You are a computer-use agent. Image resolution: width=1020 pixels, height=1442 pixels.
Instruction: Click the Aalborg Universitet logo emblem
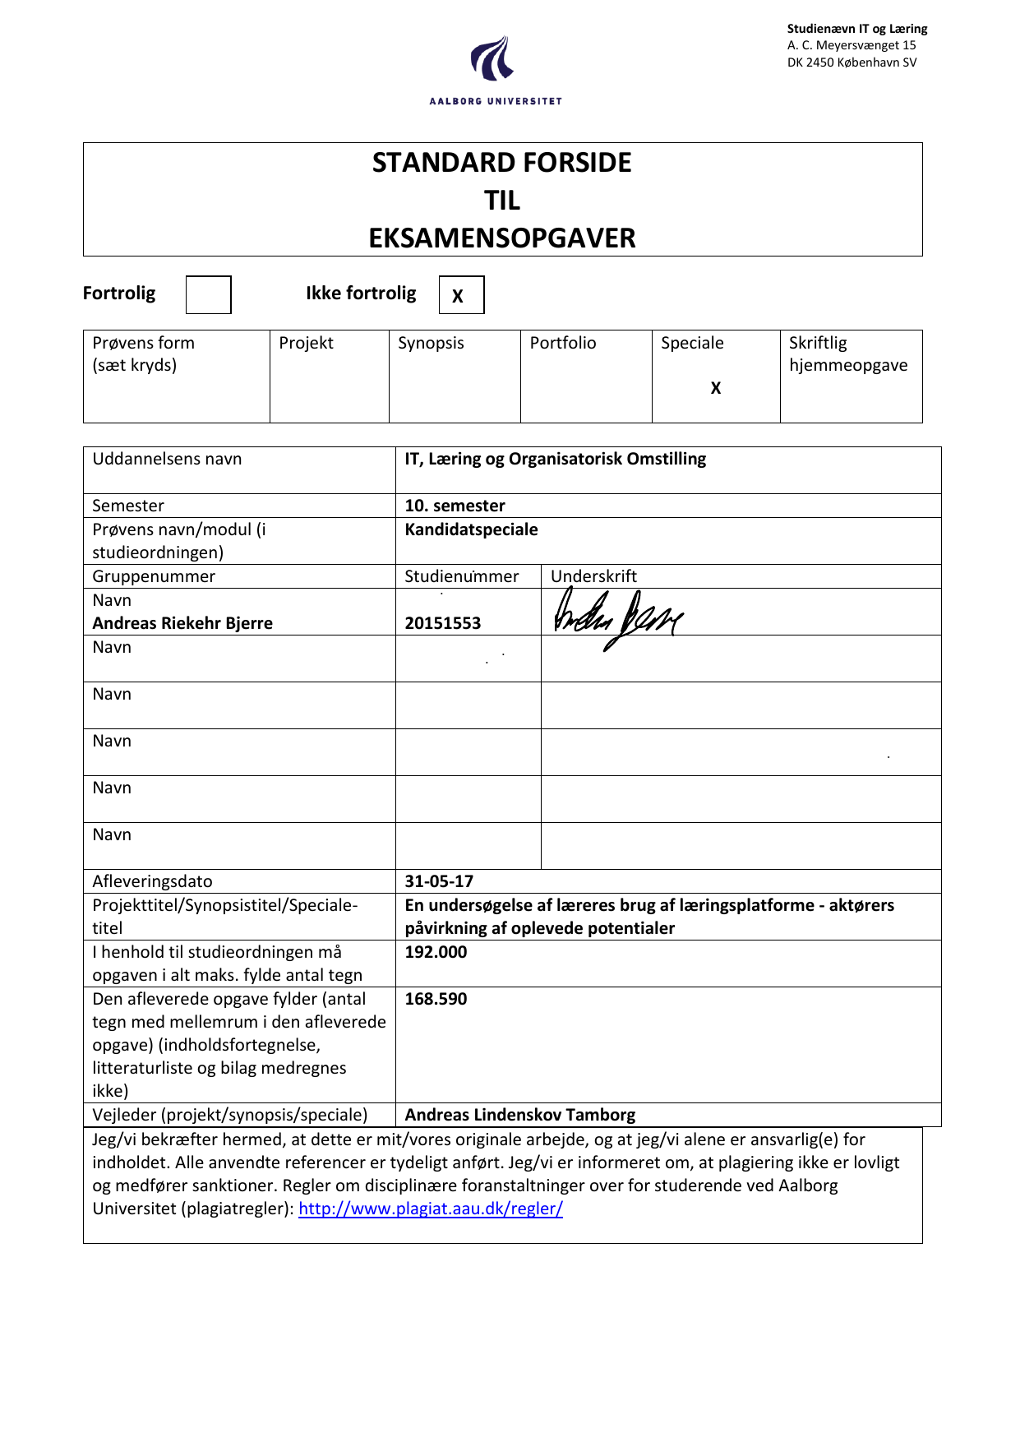click(x=493, y=59)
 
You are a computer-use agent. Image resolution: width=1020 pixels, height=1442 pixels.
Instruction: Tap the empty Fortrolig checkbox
click(x=208, y=294)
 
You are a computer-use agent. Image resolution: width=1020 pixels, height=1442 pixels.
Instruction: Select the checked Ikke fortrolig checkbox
click(x=461, y=295)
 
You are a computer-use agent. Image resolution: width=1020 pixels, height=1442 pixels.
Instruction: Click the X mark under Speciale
click(x=716, y=388)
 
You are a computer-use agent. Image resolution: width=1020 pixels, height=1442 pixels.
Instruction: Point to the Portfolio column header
click(x=563, y=343)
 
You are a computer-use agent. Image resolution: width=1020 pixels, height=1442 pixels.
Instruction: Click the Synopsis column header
click(x=431, y=343)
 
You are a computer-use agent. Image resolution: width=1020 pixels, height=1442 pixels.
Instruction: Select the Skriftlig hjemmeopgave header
click(x=848, y=354)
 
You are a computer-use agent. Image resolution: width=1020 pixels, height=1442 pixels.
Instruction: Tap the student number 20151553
click(x=443, y=623)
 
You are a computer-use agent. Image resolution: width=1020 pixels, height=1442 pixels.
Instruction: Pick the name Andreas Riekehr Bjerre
click(x=182, y=623)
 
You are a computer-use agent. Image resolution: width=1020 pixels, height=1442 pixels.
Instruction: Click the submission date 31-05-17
click(x=439, y=881)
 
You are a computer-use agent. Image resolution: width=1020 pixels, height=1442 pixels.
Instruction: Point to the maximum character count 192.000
click(x=436, y=952)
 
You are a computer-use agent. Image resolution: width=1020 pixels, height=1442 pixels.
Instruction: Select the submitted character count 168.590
click(x=436, y=999)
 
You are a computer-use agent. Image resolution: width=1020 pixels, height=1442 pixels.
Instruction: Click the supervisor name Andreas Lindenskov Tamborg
click(x=520, y=1115)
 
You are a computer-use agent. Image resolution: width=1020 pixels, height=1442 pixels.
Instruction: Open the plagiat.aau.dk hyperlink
click(x=431, y=1209)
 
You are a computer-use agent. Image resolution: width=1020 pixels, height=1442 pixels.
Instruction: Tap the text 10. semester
click(x=455, y=506)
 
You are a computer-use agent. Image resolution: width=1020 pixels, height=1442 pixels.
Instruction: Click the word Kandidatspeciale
click(x=471, y=529)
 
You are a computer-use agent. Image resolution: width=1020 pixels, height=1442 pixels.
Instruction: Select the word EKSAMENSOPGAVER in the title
click(x=502, y=238)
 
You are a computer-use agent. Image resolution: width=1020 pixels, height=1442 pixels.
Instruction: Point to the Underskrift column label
click(x=593, y=576)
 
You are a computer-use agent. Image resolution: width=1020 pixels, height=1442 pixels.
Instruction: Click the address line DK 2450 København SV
click(x=852, y=62)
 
